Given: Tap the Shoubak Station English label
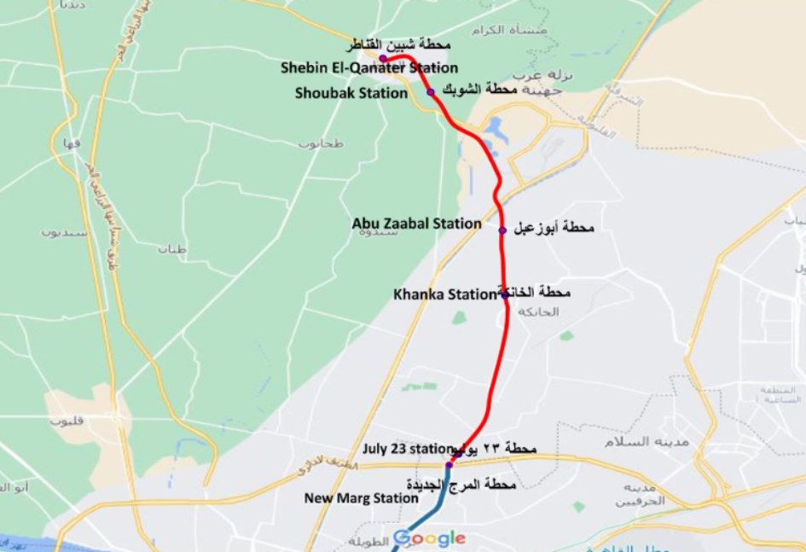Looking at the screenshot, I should tap(351, 93).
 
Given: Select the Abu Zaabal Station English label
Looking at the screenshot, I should tap(416, 224).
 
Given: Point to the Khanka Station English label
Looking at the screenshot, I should tap(444, 294).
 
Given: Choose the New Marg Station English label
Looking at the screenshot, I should tap(362, 498).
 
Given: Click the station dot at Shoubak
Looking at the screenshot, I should tap(431, 92).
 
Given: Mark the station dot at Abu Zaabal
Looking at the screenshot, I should tap(502, 230).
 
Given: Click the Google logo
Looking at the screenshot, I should tap(429, 538).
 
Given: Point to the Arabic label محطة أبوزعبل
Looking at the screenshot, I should tap(553, 228).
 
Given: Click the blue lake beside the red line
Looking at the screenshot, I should tap(494, 131).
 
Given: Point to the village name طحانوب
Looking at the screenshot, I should tap(320, 142).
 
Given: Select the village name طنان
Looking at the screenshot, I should tap(171, 249).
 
